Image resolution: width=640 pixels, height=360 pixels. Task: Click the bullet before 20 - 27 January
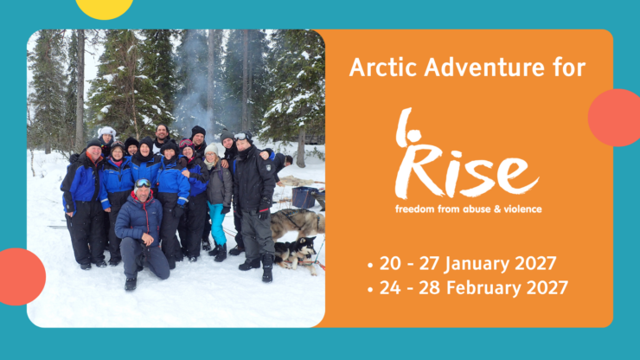pyautogui.click(x=371, y=260)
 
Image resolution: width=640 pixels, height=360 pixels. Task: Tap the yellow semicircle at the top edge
pyautogui.click(x=105, y=8)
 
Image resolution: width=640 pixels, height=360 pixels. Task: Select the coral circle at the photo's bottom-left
pyautogui.click(x=19, y=276)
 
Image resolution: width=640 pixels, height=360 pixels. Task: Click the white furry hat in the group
pyautogui.click(x=106, y=132)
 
